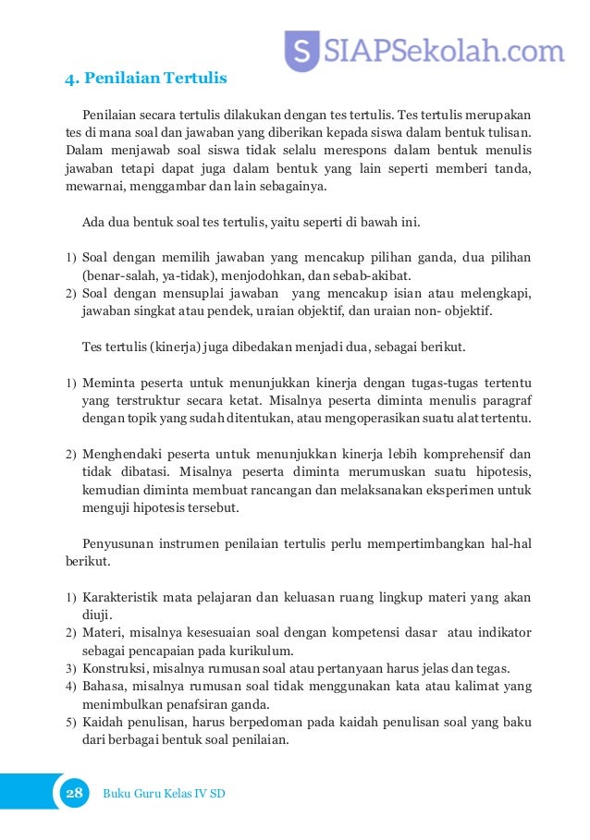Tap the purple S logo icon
(x=301, y=49)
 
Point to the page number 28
(x=74, y=794)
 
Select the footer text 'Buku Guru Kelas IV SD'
(x=164, y=794)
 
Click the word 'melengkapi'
(x=496, y=294)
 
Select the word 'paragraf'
(x=507, y=400)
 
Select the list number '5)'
(x=70, y=722)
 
